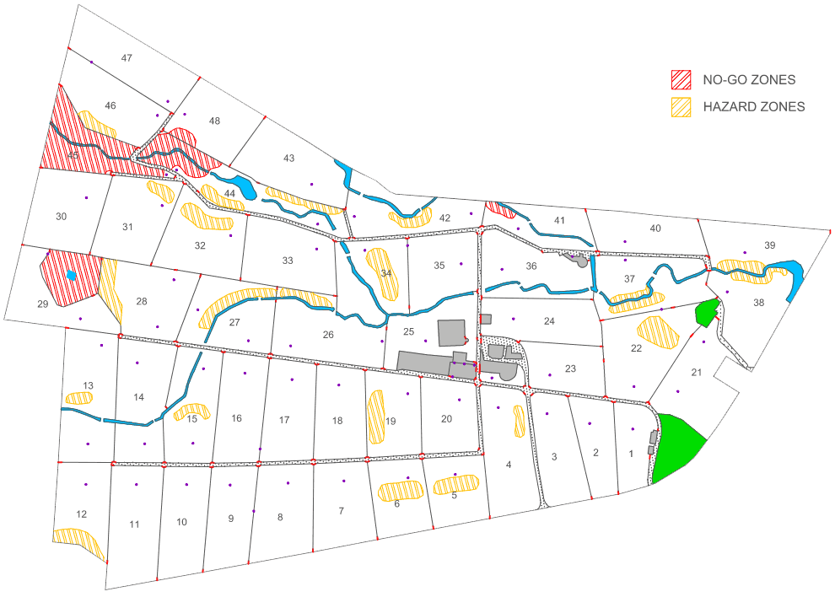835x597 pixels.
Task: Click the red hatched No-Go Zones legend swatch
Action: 681,80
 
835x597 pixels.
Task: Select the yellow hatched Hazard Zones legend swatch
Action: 681,107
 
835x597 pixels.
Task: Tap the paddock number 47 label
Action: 127,58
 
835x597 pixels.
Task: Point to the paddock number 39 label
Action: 769,245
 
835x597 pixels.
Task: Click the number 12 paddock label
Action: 81,514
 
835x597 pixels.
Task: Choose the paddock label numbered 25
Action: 408,331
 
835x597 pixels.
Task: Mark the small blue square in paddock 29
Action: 72,276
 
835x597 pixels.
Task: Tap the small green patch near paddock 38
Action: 706,313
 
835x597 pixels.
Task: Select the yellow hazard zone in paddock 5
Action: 456,485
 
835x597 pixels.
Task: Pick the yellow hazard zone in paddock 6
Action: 399,490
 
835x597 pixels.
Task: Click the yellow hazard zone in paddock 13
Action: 81,396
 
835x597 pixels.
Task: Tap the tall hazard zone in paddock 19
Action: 376,417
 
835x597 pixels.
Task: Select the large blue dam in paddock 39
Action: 795,278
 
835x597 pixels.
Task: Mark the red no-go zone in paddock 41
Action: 500,210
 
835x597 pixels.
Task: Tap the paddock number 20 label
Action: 446,419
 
